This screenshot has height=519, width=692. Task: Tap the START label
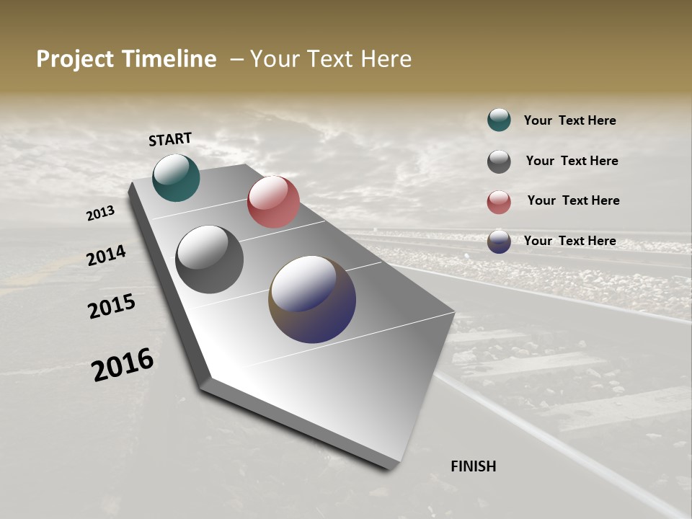coord(170,139)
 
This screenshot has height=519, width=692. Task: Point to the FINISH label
coord(473,466)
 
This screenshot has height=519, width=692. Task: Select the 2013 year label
coord(100,213)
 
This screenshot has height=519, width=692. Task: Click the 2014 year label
coord(106,255)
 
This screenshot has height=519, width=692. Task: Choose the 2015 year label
coord(112,306)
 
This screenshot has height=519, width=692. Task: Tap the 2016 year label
coord(123,364)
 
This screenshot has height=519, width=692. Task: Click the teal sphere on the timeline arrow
coord(176,177)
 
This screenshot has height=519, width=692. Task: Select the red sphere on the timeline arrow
coord(273,202)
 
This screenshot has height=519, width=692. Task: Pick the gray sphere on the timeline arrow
coord(209,259)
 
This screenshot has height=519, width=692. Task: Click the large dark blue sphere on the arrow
coord(312,299)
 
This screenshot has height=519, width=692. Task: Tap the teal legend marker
coord(499,120)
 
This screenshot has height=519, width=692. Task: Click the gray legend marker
coord(499,161)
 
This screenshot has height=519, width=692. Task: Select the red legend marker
coord(499,202)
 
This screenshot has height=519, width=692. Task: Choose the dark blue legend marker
coord(499,241)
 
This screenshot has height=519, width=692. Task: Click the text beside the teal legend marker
coord(569,120)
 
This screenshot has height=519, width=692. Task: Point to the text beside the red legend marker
coord(573,200)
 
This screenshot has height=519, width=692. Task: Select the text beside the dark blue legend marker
coord(569,241)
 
